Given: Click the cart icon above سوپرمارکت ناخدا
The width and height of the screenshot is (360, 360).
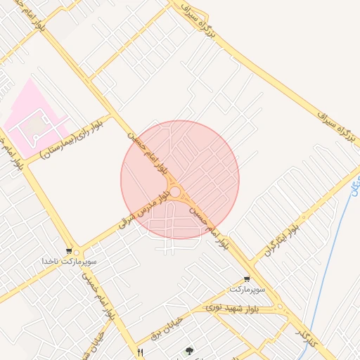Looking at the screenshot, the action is (x=68, y=250).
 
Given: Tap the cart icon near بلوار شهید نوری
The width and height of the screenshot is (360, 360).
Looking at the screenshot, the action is (x=246, y=279).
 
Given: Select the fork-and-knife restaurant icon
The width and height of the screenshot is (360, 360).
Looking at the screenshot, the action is (x=141, y=352).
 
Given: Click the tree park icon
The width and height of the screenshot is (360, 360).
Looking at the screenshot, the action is (x=188, y=350).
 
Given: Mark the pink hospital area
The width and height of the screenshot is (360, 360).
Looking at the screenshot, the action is (x=32, y=120).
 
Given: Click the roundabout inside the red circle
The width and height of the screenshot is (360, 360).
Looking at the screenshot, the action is (x=174, y=192).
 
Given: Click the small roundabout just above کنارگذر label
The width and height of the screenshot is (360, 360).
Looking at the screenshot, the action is (x=281, y=307).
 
